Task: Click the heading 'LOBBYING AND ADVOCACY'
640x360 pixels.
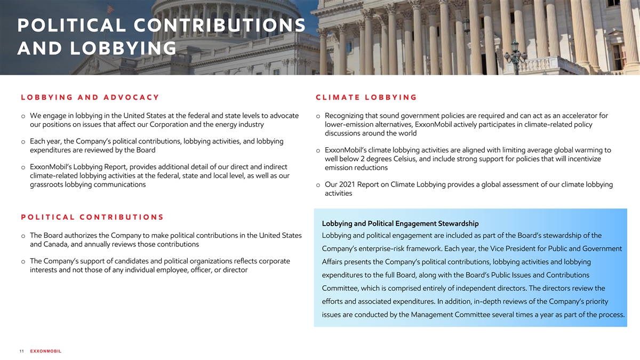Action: [90, 97]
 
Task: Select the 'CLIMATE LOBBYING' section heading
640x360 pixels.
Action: [366, 97]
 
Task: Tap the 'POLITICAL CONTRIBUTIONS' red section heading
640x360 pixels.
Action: [92, 217]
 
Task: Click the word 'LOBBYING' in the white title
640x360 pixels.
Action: [122, 49]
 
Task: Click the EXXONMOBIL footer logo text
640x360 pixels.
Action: [46, 351]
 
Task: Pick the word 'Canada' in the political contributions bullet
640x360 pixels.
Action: [58, 244]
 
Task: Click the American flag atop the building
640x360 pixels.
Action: [110, 9]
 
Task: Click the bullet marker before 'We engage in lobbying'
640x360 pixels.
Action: [23, 116]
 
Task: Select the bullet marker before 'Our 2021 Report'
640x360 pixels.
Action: [318, 185]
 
